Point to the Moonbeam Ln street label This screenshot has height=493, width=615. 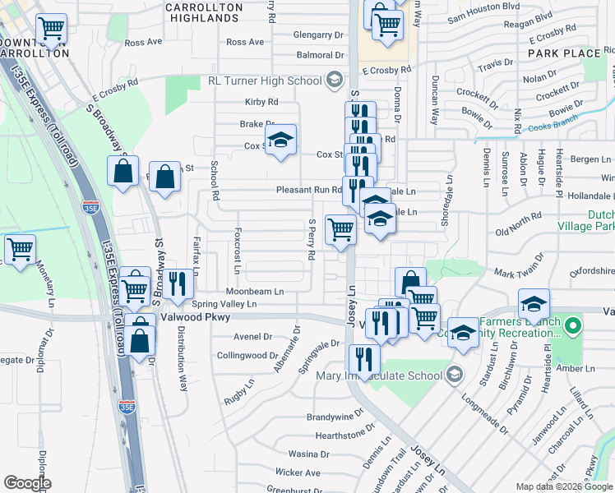click(x=255, y=291)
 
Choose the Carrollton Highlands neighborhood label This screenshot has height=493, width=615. click(x=203, y=12)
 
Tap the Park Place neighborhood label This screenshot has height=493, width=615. click(x=564, y=53)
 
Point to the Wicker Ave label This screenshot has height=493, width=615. click(x=298, y=472)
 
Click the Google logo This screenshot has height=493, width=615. click(x=27, y=483)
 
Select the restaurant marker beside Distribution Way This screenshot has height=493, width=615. click(x=177, y=283)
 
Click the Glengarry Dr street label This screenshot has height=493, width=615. click(x=318, y=35)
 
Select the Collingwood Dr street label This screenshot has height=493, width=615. click(x=247, y=355)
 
